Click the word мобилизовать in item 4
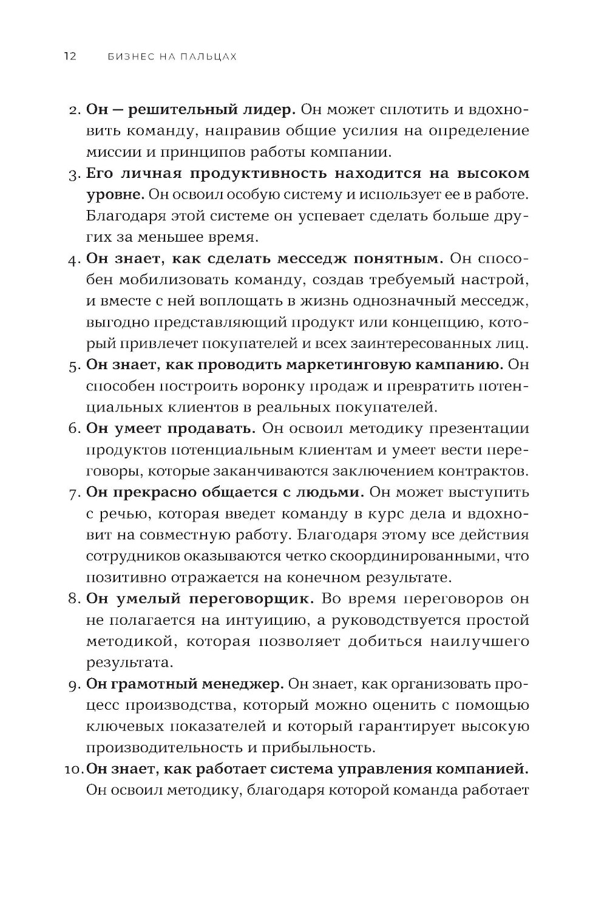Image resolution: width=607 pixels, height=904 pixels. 168,280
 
